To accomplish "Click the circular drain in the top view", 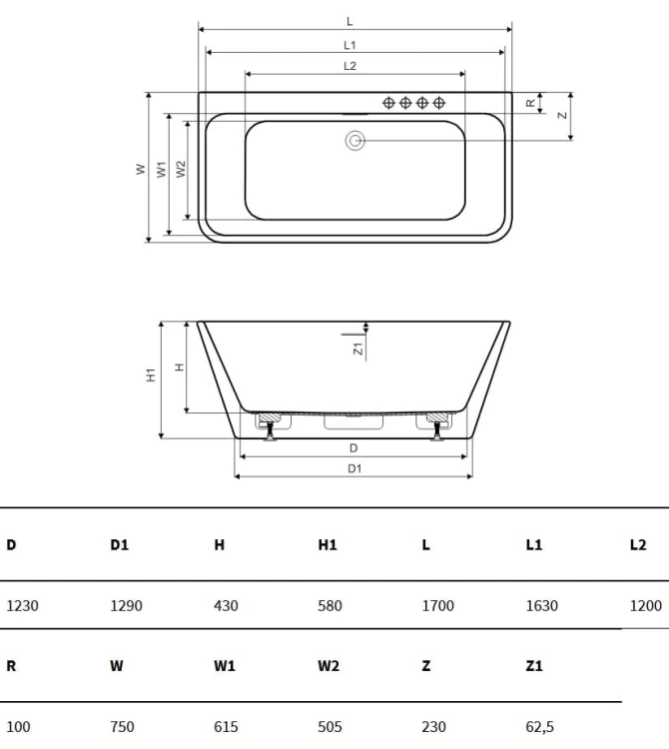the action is coord(355,141).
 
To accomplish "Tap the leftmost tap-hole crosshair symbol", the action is coord(388,103).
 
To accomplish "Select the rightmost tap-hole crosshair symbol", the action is coord(438,103).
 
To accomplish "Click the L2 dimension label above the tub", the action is coord(350,66).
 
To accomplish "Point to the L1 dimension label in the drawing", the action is coord(350,45).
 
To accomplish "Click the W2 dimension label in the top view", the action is coord(181,169).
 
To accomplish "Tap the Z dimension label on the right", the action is coord(562,115).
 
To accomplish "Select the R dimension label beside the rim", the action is coord(530,103).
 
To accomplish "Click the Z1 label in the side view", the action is coord(358,349).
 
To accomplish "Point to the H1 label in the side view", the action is coord(151,374).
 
